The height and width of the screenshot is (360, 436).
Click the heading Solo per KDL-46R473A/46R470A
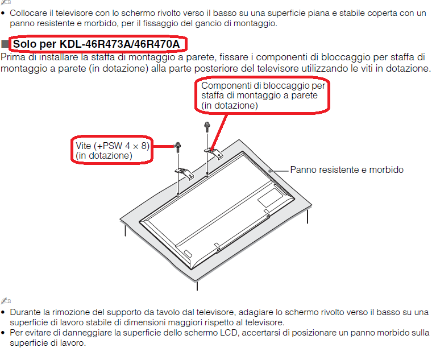[97, 44]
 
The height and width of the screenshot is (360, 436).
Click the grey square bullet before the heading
[5, 44]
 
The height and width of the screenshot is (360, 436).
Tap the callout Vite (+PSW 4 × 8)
[112, 150]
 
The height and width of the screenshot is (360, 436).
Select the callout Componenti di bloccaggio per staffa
[262, 96]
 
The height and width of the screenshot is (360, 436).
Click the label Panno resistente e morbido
[347, 169]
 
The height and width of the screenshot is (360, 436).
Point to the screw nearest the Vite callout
[178, 147]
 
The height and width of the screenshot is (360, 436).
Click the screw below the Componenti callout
[207, 127]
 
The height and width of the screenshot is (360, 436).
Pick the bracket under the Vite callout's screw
[184, 173]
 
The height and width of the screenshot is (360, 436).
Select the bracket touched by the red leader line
[214, 153]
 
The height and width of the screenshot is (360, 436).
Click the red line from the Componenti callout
[219, 132]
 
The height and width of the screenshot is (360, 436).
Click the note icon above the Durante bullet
[6, 300]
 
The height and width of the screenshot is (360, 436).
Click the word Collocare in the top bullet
[28, 13]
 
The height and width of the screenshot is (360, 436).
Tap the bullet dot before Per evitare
[3, 333]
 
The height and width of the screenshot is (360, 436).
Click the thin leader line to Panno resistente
[279, 171]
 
